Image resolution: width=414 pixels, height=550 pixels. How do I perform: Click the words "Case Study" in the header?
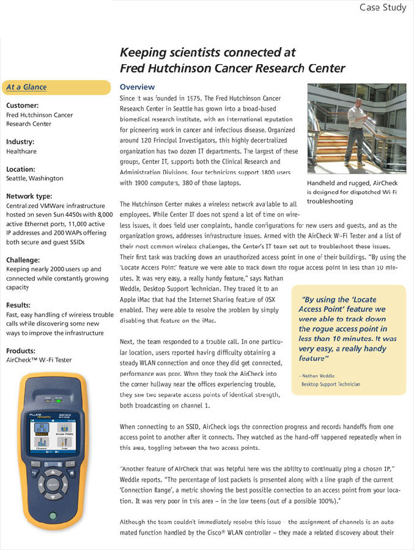click(383, 7)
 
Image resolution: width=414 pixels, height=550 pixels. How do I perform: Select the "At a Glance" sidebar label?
click(26, 87)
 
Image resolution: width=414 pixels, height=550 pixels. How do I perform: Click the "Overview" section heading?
click(137, 87)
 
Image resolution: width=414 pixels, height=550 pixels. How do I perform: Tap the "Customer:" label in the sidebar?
click(22, 105)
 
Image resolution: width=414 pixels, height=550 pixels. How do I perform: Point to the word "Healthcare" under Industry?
click(21, 151)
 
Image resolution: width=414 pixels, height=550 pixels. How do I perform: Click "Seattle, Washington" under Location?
click(34, 178)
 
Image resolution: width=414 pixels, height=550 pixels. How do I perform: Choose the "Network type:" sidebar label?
click(29, 196)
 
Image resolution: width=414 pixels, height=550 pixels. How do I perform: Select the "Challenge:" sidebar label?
click(23, 259)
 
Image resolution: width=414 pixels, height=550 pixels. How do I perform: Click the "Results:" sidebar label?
click(19, 305)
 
